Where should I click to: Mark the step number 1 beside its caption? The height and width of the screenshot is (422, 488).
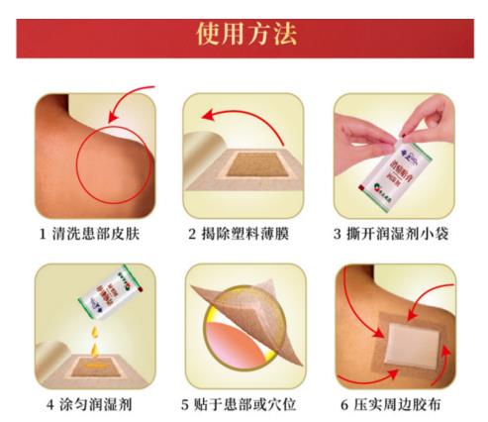tap(43, 235)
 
